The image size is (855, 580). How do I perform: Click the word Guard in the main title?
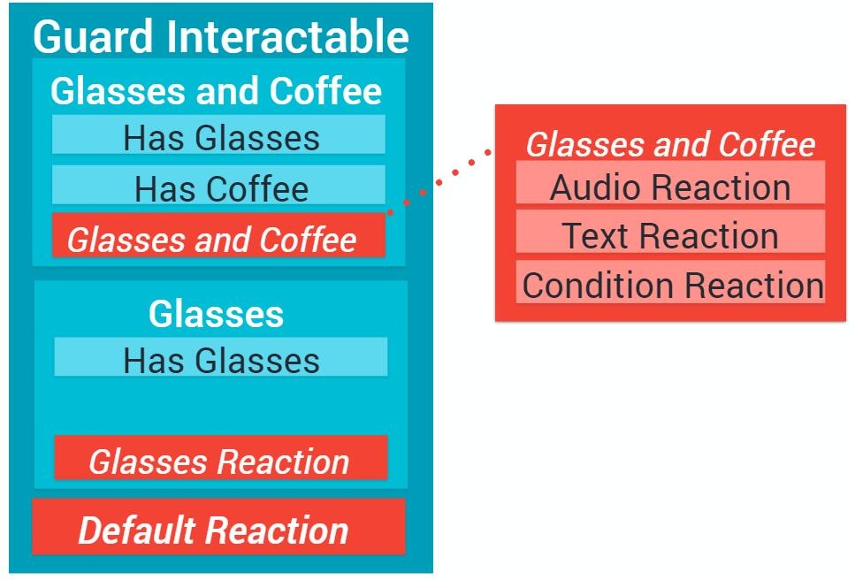[93, 37]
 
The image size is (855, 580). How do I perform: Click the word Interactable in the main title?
[288, 36]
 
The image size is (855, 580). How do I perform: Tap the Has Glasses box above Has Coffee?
[218, 134]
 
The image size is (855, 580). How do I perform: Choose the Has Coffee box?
[218, 185]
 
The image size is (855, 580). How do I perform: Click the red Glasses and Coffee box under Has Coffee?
[218, 235]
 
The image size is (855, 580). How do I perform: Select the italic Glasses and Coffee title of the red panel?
[670, 144]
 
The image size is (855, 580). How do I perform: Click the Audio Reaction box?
[671, 182]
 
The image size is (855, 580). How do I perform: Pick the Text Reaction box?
[671, 232]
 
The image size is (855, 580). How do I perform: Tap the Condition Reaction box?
[671, 282]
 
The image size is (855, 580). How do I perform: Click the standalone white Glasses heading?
[216, 314]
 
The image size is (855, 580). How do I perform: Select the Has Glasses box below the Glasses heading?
[221, 357]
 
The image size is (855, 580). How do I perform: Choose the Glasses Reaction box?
[221, 458]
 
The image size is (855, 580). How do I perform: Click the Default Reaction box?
[218, 527]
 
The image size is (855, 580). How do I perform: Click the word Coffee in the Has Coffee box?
[258, 189]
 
